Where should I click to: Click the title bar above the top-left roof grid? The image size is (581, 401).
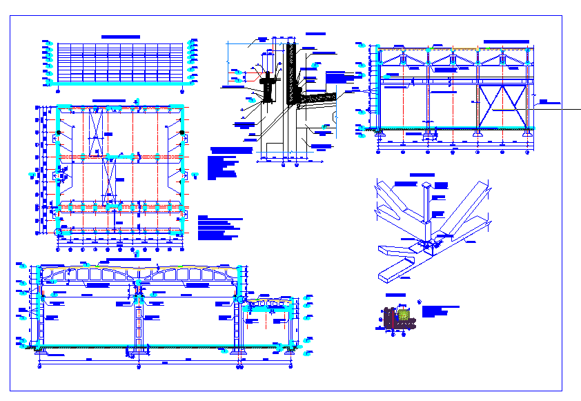tap(121, 37)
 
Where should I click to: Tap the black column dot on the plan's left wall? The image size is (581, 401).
tap(59, 132)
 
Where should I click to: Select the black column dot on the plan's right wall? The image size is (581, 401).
tap(181, 132)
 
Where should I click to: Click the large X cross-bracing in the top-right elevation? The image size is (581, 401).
tap(502, 106)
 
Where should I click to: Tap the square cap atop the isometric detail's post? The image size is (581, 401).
tap(427, 186)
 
